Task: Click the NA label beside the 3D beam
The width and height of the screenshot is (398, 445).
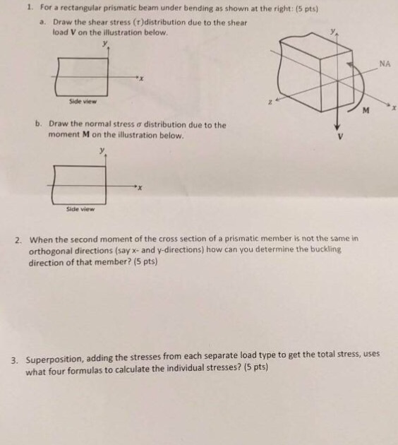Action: coord(384,64)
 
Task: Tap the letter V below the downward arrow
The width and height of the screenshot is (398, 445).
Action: coord(341,137)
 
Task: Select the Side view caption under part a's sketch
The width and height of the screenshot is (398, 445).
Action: coord(84,101)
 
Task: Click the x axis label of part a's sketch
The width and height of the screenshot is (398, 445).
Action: coord(140,80)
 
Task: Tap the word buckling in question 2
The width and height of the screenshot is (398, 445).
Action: coord(326,249)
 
